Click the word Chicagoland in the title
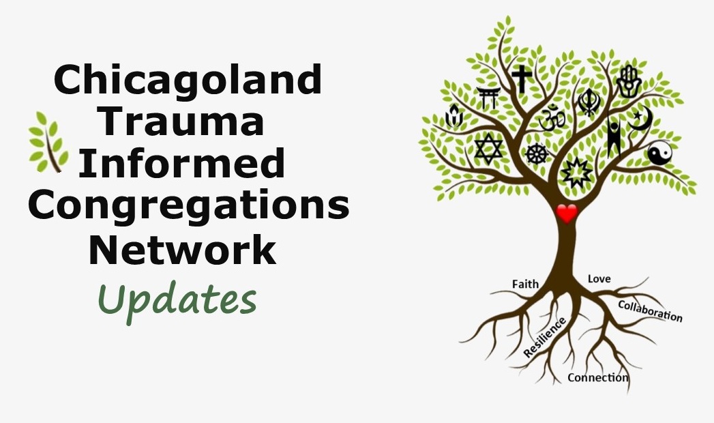(188, 80)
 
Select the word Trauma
(183, 121)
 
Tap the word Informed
(182, 163)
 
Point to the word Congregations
(188, 206)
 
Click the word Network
(183, 250)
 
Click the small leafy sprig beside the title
(48, 142)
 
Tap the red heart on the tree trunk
(567, 214)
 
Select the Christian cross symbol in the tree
(522, 78)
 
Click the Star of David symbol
(488, 149)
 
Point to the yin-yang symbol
(660, 153)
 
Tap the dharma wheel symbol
(537, 154)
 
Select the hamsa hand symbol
(629, 81)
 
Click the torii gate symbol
(489, 98)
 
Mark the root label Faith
(526, 284)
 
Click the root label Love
(599, 278)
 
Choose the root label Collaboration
(651, 311)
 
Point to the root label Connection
(598, 377)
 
